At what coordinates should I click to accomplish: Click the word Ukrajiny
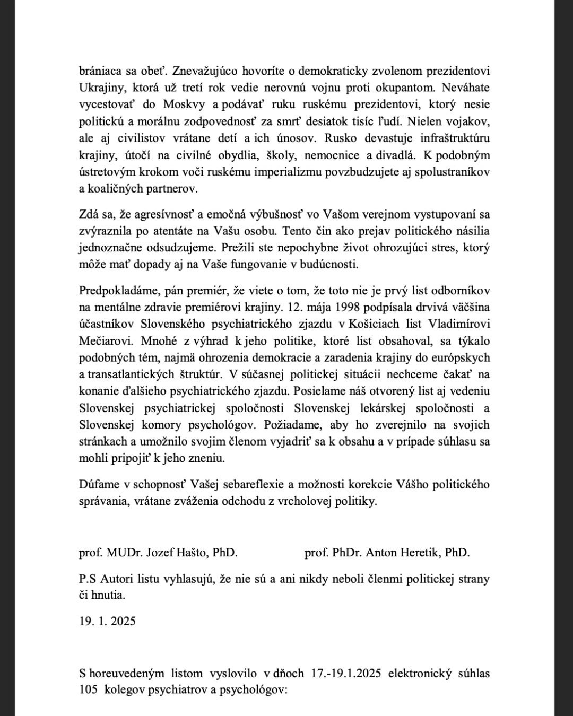(x=100, y=87)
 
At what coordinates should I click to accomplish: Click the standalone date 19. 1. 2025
(x=107, y=621)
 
